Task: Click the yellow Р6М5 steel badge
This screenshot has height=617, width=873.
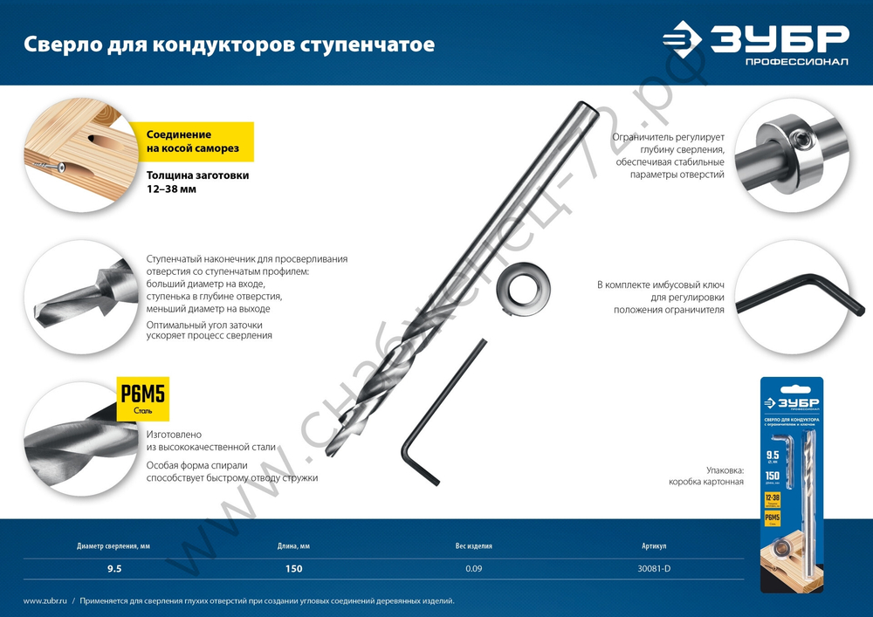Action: [142, 400]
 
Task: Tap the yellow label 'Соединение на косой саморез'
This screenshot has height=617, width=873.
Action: [192, 141]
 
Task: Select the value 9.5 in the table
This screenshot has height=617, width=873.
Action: [113, 569]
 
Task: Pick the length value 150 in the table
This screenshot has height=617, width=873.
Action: [293, 569]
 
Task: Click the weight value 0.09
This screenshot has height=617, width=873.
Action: [473, 569]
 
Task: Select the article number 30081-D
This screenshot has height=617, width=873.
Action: [654, 569]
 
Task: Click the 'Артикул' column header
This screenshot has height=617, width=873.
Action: [654, 546]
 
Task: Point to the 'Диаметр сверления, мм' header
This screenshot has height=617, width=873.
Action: [113, 546]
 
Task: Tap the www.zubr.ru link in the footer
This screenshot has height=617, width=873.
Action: [45, 601]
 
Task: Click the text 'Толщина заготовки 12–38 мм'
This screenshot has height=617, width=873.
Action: [197, 182]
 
